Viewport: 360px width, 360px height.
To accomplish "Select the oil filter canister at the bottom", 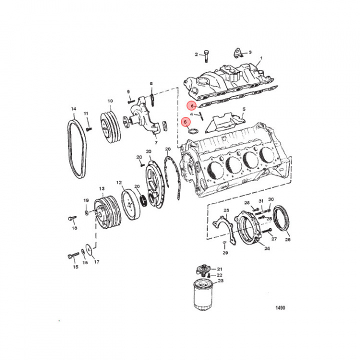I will [x=203, y=296].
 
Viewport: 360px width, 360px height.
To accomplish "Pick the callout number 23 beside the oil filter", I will [x=220, y=281].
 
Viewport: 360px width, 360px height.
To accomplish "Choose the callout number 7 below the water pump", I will [x=156, y=142].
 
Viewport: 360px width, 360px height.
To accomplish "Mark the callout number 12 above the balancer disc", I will [x=119, y=182].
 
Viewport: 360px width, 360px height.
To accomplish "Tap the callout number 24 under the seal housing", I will [x=267, y=248].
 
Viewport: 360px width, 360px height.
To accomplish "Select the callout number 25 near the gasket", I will [x=226, y=210].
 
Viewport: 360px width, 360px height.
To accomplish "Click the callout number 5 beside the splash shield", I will [x=243, y=109].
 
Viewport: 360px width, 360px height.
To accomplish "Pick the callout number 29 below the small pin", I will [x=225, y=253].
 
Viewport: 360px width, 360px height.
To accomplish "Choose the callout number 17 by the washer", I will [x=96, y=261].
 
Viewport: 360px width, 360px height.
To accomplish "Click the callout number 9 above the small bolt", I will [x=128, y=91].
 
